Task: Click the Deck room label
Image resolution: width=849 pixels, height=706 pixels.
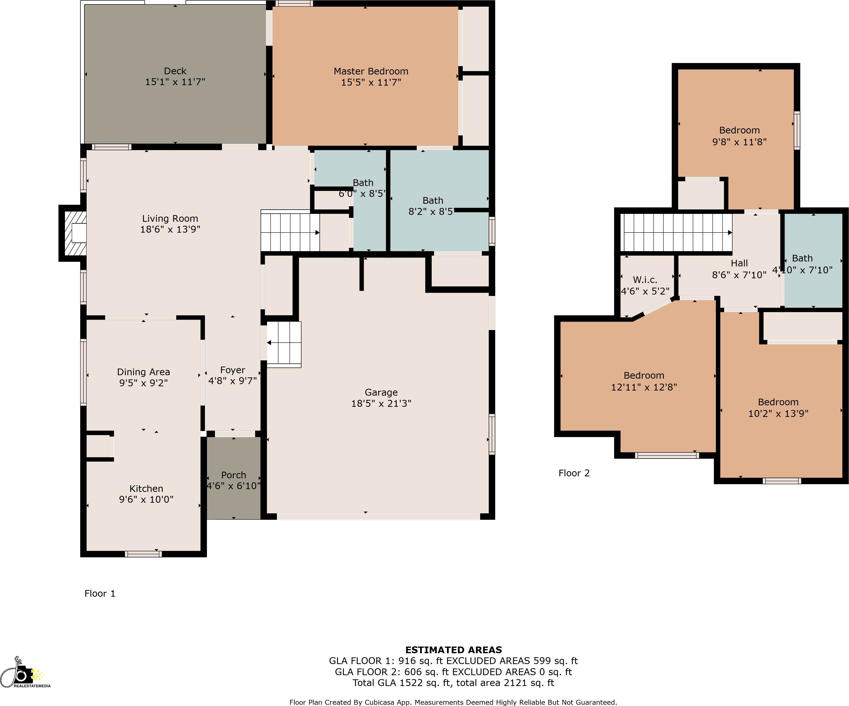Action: click(x=175, y=71)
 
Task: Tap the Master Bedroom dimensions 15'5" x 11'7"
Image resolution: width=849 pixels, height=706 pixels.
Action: click(x=371, y=82)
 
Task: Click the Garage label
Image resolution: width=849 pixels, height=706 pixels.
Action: click(x=381, y=392)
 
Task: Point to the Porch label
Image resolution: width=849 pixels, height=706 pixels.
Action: click(x=233, y=475)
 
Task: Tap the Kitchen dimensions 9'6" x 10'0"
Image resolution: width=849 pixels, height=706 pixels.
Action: click(x=146, y=500)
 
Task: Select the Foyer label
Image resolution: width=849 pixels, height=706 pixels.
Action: click(x=232, y=370)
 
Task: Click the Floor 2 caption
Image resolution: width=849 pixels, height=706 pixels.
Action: click(x=574, y=473)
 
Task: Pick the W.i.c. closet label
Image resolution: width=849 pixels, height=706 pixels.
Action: click(x=645, y=280)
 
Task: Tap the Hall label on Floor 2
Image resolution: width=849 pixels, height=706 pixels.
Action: click(x=739, y=263)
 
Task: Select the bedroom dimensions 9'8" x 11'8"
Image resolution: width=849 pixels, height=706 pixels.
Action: click(x=739, y=142)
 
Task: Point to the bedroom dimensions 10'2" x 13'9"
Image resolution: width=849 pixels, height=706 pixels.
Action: click(x=778, y=413)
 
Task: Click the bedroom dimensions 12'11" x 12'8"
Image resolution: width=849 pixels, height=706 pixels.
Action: click(x=644, y=387)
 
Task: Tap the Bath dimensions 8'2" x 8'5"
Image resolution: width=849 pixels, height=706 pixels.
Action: click(x=431, y=212)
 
